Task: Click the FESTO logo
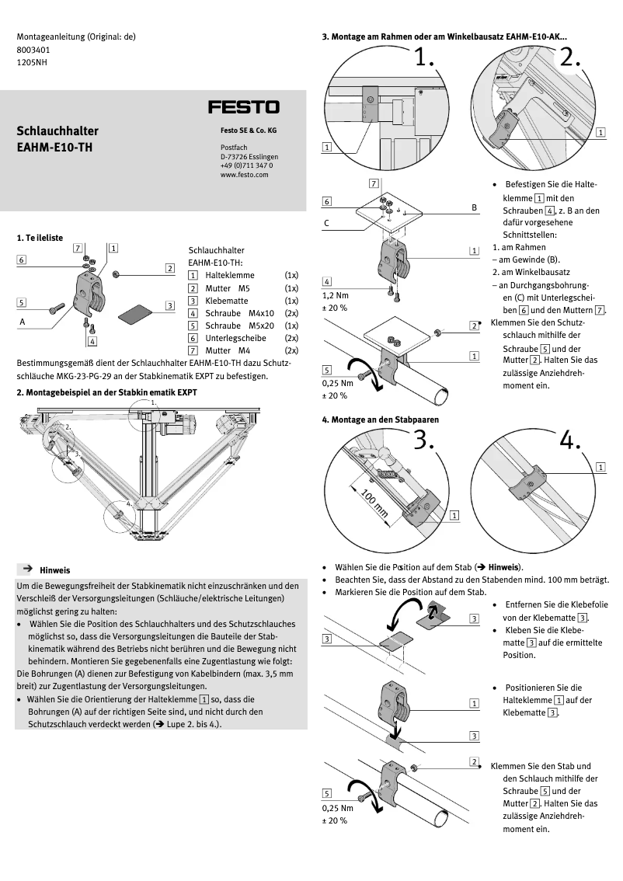point(243,106)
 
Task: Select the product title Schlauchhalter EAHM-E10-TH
point(57,138)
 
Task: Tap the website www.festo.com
point(244,175)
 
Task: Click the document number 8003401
point(33,49)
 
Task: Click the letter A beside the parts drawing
point(22,319)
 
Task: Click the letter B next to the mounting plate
point(474,208)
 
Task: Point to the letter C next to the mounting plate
point(326,223)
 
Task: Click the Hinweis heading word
point(55,569)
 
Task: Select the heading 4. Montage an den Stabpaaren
point(380,420)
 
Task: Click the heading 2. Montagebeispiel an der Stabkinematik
point(106,392)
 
